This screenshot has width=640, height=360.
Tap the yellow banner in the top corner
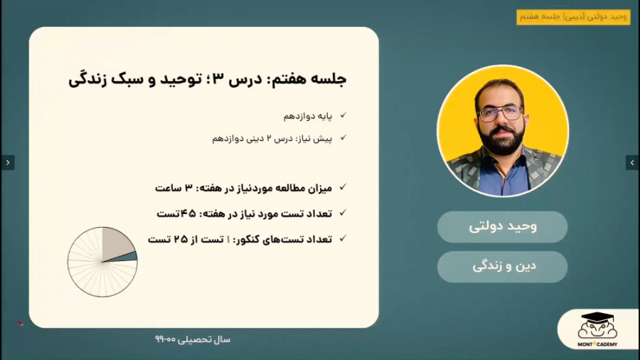tap(573, 17)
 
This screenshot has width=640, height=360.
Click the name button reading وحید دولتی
tap(502, 226)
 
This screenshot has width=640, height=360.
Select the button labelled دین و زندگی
tap(502, 267)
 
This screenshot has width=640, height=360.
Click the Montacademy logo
tap(597, 329)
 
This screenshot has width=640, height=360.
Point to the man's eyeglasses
tap(501, 112)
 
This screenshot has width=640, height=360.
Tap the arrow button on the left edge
tap(8, 162)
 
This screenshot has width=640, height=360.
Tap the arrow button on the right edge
tap(632, 162)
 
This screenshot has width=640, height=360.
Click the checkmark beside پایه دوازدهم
tap(343, 115)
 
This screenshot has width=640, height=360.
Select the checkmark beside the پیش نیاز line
tap(343, 138)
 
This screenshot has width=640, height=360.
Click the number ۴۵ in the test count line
tap(188, 213)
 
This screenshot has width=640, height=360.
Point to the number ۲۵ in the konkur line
tap(181, 239)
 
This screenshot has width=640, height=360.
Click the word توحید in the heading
tap(181, 79)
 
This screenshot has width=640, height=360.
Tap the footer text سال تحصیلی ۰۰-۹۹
tap(193, 339)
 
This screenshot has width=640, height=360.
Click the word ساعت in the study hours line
tap(167, 188)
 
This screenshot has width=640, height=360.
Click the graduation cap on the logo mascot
tap(597, 317)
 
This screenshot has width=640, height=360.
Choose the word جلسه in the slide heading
tap(329, 79)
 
